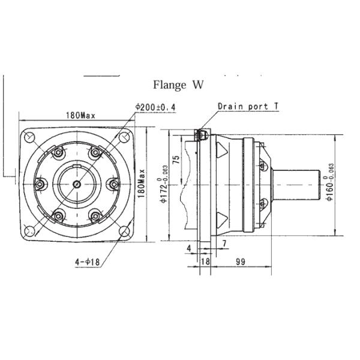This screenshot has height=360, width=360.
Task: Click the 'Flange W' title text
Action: coord(179,85)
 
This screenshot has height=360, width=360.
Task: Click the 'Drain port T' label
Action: coord(248,106)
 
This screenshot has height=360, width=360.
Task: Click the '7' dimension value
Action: coord(224,242)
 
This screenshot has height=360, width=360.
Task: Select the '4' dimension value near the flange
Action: coord(188,247)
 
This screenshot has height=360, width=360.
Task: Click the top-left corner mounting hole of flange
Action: coord(29,138)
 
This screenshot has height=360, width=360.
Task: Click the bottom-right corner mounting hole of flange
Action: coord(125,230)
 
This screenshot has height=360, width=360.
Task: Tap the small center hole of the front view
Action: coord(77,185)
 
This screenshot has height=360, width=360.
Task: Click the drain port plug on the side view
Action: coord(202,134)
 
